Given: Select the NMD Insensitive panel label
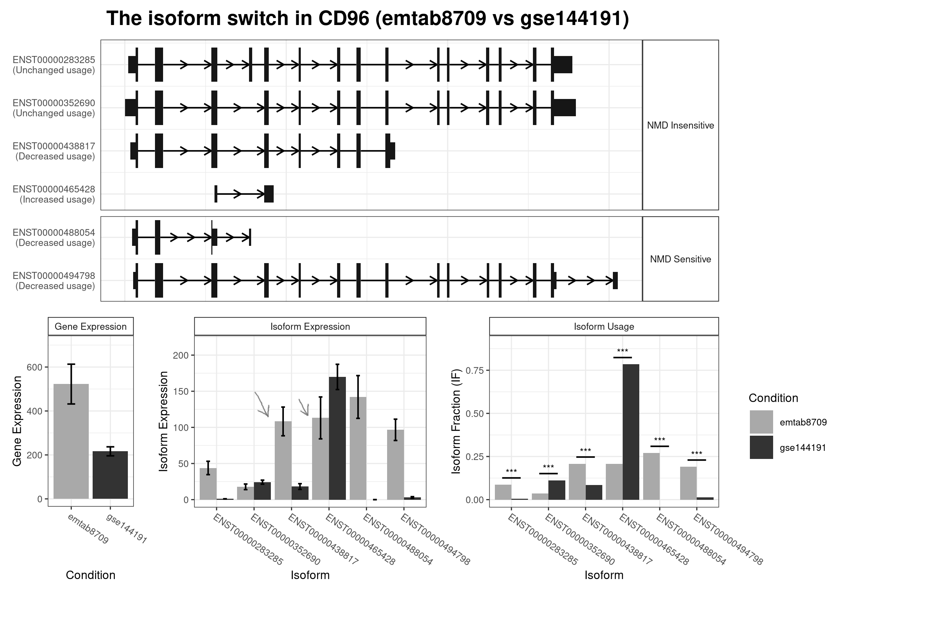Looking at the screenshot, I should tap(680, 125).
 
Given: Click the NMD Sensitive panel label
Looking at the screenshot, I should tap(680, 259).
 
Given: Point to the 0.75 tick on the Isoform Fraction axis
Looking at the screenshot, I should tap(475, 371).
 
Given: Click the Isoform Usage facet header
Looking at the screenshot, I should tap(604, 326).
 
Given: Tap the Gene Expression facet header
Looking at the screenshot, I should tap(91, 326).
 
